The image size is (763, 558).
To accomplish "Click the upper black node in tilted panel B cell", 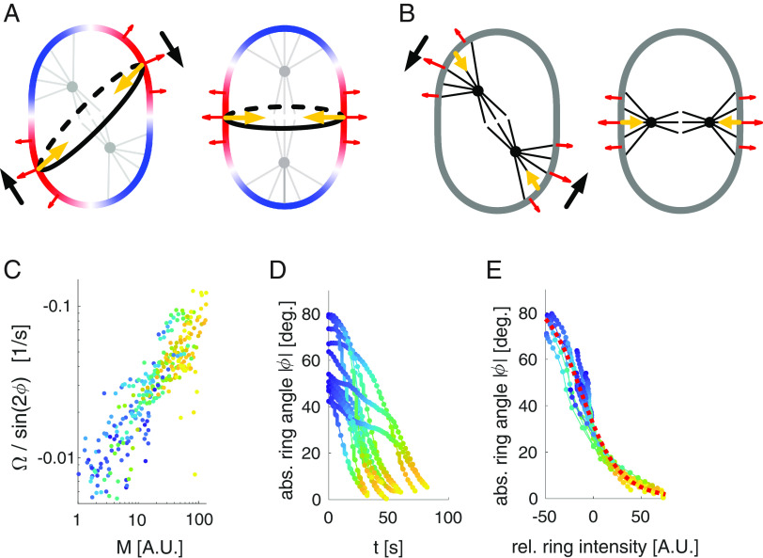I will tap(477, 90).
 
